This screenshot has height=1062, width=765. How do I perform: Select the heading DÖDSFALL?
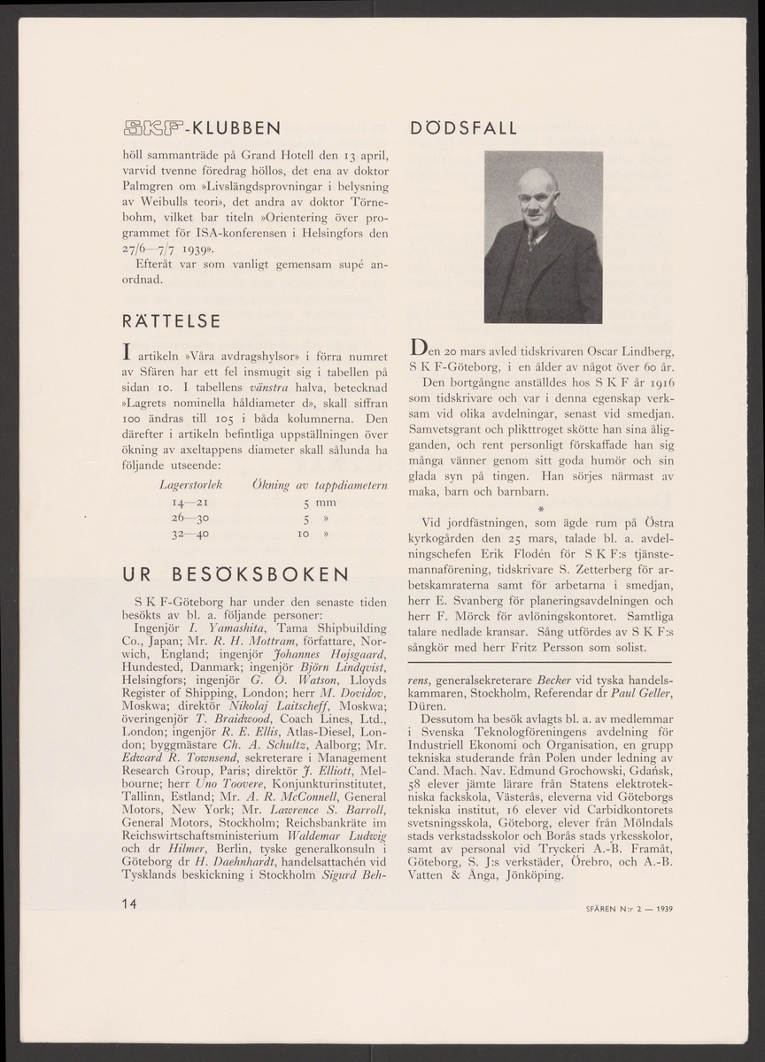[x=465, y=128]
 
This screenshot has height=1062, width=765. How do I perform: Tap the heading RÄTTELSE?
[x=171, y=319]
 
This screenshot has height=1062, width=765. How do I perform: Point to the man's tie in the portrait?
[x=533, y=236]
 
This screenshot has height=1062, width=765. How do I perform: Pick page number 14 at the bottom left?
[x=130, y=903]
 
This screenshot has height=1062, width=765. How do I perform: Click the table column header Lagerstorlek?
[x=189, y=485]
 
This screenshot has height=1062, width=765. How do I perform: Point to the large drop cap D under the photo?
[x=420, y=344]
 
